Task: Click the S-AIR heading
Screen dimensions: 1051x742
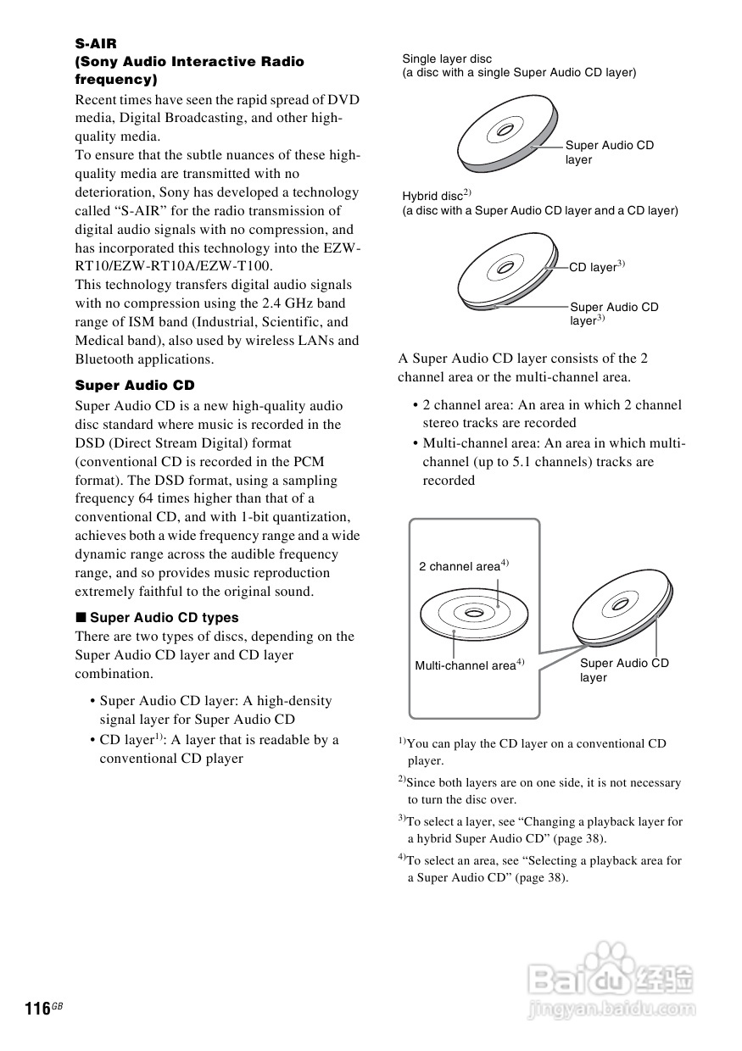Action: point(96,43)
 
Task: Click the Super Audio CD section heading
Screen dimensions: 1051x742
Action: point(135,386)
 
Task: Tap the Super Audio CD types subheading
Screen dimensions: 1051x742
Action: point(164,618)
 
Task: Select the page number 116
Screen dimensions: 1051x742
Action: point(38,1009)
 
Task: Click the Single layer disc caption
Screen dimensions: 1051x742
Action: point(447,59)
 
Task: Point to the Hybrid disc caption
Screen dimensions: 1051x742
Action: point(433,196)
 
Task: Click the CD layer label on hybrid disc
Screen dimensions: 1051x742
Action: point(594,268)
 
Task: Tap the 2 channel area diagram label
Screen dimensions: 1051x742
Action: point(460,566)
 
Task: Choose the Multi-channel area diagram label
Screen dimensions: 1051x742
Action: point(466,666)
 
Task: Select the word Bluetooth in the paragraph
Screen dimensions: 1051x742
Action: point(104,359)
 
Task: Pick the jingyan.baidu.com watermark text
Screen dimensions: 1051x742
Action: point(611,1009)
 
